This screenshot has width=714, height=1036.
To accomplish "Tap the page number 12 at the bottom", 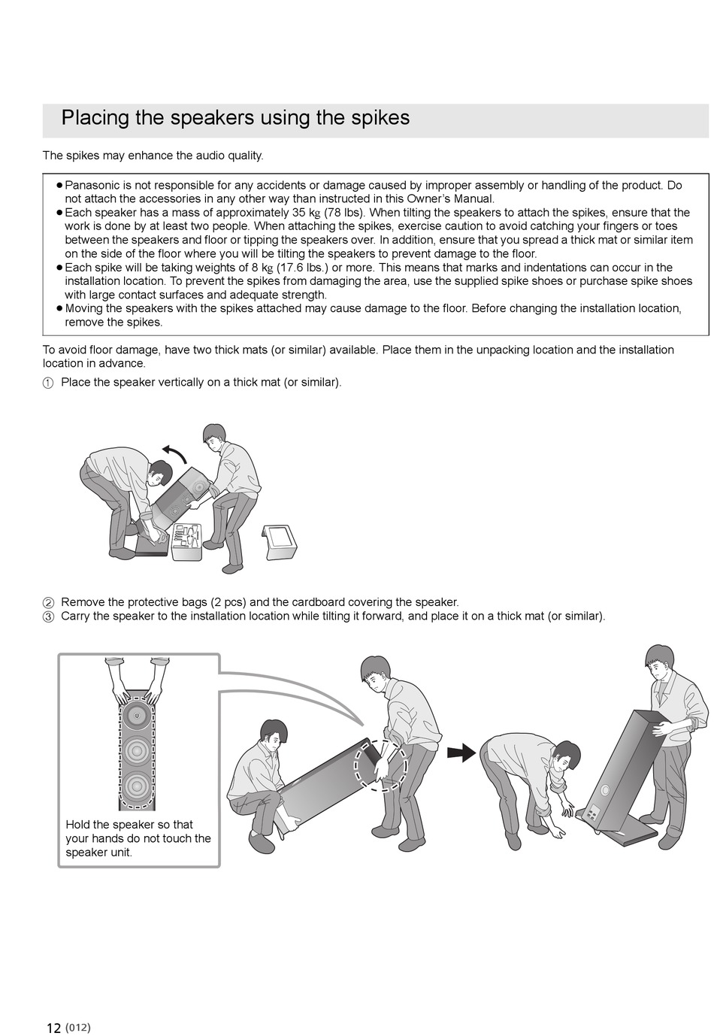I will pos(53,1028).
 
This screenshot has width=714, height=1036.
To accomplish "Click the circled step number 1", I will pos(48,383).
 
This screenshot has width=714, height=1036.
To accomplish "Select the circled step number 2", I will pos(48,603).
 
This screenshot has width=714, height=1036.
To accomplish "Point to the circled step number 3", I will pos(48,616).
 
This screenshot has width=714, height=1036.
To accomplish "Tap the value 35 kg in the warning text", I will pos(306,213).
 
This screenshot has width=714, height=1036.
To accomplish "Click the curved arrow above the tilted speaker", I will pos(174,453).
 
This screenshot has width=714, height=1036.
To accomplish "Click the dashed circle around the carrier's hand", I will pos(381,765).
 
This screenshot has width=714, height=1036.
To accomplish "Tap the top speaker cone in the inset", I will pos(137,714).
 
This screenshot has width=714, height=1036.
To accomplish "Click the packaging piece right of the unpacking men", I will pos(280,541).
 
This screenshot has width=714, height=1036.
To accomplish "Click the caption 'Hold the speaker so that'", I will pos(129,825).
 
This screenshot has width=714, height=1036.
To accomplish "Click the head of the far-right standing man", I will pos(659,662).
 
